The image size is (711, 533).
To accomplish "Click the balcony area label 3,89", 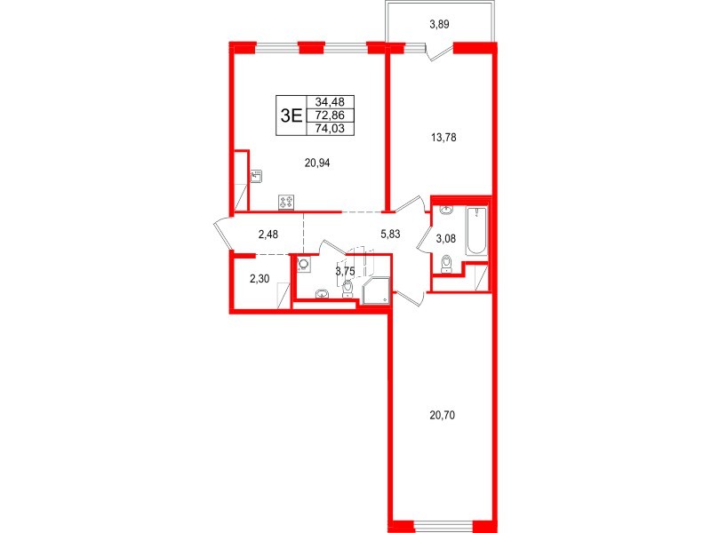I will [439, 25].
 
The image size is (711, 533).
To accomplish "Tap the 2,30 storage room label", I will [260, 278].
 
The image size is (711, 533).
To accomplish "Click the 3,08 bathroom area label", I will [445, 238].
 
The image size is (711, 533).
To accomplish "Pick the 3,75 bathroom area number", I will [345, 272].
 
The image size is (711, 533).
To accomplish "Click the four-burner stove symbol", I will [287, 202].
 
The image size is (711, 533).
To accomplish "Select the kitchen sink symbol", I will [255, 176].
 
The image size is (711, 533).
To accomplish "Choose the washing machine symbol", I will [305, 264].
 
